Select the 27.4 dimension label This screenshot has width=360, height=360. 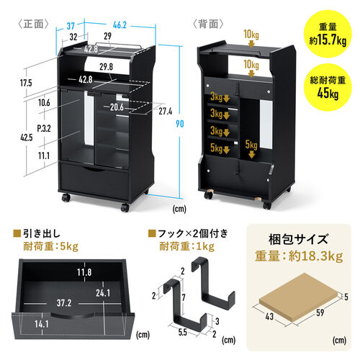pos(166,112)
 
